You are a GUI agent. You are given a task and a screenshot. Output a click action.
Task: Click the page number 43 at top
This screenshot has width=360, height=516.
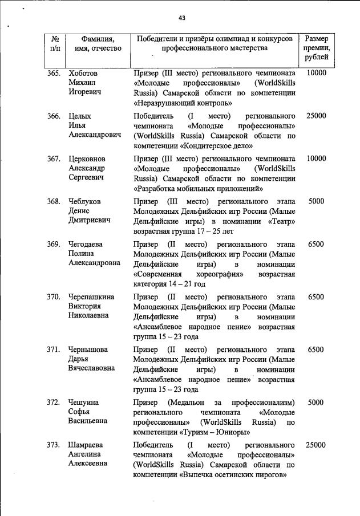[x=182, y=18]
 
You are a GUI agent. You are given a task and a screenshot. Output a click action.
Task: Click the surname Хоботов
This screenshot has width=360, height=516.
[x=83, y=74]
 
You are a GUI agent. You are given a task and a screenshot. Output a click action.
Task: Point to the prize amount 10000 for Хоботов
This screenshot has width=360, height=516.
[x=316, y=74]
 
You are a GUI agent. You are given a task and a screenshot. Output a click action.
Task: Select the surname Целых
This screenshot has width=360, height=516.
[x=80, y=116]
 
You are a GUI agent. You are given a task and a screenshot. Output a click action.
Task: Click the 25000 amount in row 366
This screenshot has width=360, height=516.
[x=316, y=116]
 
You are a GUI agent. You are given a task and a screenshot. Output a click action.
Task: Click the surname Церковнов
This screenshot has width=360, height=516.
[x=87, y=159]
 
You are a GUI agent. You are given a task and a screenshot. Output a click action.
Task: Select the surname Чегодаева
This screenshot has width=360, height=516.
[x=87, y=244]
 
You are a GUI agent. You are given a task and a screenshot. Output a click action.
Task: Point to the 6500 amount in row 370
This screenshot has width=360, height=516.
[x=316, y=297]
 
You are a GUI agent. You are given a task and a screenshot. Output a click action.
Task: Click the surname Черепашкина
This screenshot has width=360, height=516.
[x=91, y=297]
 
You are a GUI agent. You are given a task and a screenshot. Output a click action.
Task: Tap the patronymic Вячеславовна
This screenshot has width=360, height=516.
[x=92, y=369]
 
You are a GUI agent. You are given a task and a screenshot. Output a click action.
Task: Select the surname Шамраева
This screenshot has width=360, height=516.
[x=87, y=445]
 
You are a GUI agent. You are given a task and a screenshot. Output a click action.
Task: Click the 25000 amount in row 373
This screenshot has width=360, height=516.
[x=316, y=445]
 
